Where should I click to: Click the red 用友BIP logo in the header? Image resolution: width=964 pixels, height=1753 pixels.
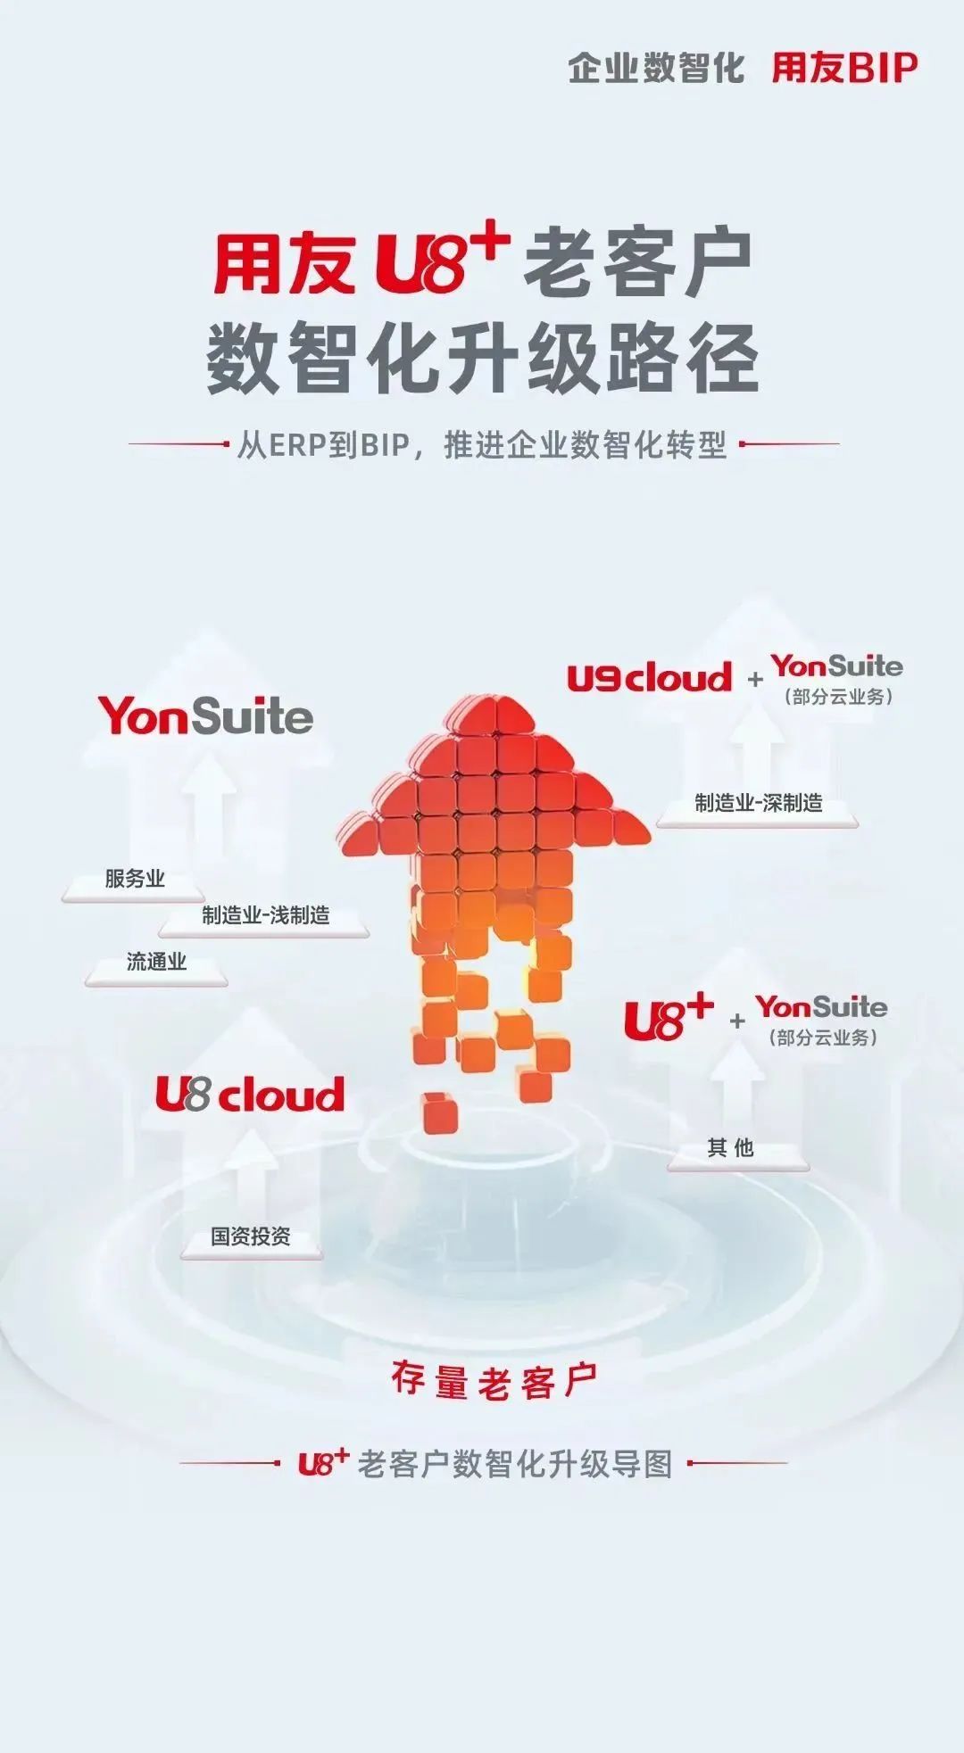click(x=844, y=68)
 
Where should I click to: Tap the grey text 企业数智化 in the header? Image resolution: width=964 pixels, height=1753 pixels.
click(x=656, y=68)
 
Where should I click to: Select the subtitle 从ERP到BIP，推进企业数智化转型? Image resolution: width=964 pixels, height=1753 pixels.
click(x=482, y=444)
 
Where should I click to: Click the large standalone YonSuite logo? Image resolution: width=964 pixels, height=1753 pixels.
click(x=206, y=716)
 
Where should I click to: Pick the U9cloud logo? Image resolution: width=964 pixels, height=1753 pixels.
click(x=649, y=677)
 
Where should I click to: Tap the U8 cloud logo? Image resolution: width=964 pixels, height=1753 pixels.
click(x=250, y=1094)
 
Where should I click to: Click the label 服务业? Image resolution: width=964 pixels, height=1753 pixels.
click(x=135, y=879)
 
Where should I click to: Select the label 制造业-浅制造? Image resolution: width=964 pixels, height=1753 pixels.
click(x=266, y=915)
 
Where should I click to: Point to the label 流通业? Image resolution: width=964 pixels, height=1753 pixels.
click(x=156, y=962)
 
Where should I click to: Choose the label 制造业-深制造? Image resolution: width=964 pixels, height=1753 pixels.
click(x=759, y=803)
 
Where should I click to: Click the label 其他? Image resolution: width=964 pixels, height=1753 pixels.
click(x=730, y=1148)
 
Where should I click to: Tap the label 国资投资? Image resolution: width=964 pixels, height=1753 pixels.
click(x=251, y=1236)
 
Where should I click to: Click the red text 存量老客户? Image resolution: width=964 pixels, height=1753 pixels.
click(x=494, y=1381)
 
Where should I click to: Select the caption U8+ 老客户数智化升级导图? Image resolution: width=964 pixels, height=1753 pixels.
click(x=485, y=1464)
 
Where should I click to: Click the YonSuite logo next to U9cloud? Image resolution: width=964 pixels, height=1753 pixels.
click(x=837, y=666)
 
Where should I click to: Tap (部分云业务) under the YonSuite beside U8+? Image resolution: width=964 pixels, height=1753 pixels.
click(x=822, y=1038)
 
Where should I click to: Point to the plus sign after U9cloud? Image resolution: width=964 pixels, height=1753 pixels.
click(x=755, y=679)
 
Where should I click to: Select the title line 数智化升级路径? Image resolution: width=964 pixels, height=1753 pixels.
click(x=482, y=357)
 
